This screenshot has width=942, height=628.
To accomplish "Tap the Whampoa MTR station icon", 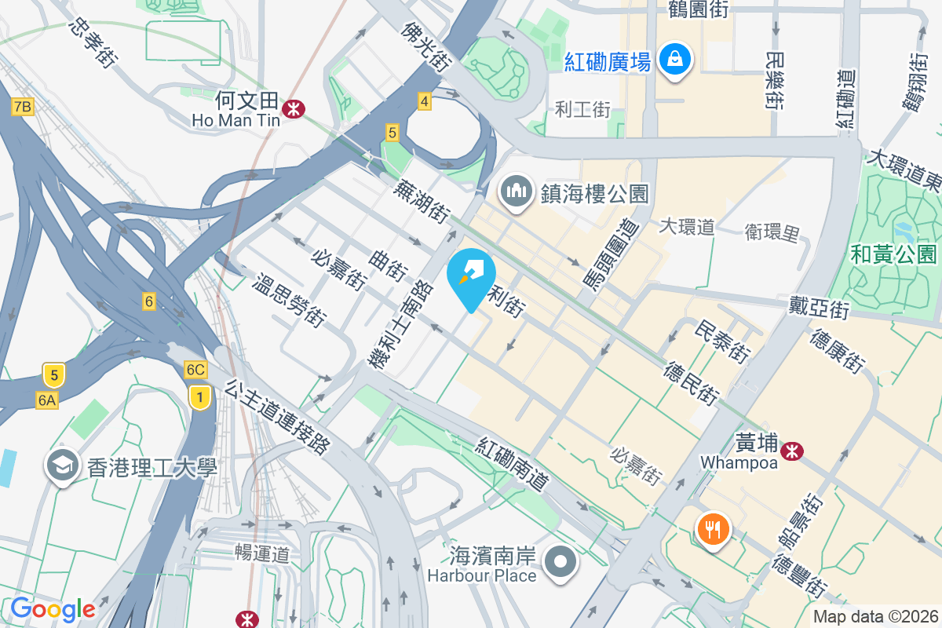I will click(790, 450).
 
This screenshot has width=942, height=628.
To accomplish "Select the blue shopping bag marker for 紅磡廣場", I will click(674, 59).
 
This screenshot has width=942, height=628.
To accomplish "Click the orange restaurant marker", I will click(713, 530).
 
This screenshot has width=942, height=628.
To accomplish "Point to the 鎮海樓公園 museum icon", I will click(516, 192).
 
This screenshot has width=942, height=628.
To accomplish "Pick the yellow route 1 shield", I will click(201, 397).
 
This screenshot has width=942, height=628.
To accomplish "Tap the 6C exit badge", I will click(195, 369).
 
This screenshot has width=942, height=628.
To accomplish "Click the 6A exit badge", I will click(47, 400).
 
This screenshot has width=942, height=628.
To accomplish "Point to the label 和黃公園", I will click(893, 254).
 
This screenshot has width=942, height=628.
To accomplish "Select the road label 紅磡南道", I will click(512, 465).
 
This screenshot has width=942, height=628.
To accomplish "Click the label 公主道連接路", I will click(276, 418).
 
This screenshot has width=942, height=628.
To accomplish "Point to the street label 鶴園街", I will click(698, 9).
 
